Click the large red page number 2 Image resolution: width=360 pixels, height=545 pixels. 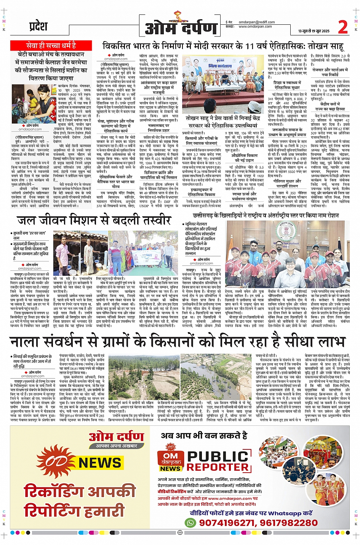tap(343, 27)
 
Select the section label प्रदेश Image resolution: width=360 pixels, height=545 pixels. tap(38, 27)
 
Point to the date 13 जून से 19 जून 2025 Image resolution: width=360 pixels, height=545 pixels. tap(314, 31)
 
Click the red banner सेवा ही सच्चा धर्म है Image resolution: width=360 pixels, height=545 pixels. tap(51, 46)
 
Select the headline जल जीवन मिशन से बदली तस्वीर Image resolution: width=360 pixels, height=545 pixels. tap(94, 221)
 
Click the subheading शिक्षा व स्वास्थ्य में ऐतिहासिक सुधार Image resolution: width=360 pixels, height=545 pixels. tap(287, 85)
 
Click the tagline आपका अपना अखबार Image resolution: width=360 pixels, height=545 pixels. tap(116, 446)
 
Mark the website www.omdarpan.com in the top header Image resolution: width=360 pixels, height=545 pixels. tap(255, 27)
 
